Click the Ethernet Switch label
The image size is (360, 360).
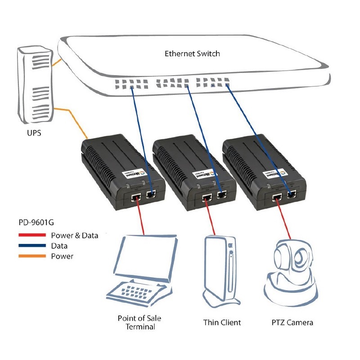pos(192,54)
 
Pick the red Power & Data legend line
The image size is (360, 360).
pos(32,235)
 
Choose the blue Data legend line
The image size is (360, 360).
pos(32,246)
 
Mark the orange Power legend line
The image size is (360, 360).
pos(32,256)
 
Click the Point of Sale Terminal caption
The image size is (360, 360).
pos(139,322)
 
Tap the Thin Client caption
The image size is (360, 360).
pos(222,322)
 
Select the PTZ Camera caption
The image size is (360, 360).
pos(292,322)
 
